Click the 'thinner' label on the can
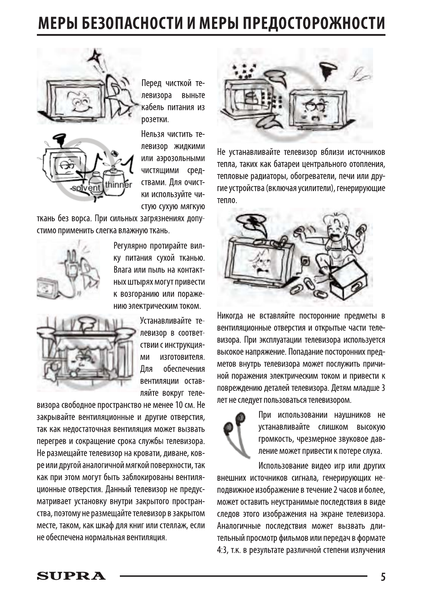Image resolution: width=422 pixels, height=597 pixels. coord(118,185)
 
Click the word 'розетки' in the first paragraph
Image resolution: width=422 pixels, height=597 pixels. coord(155,120)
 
